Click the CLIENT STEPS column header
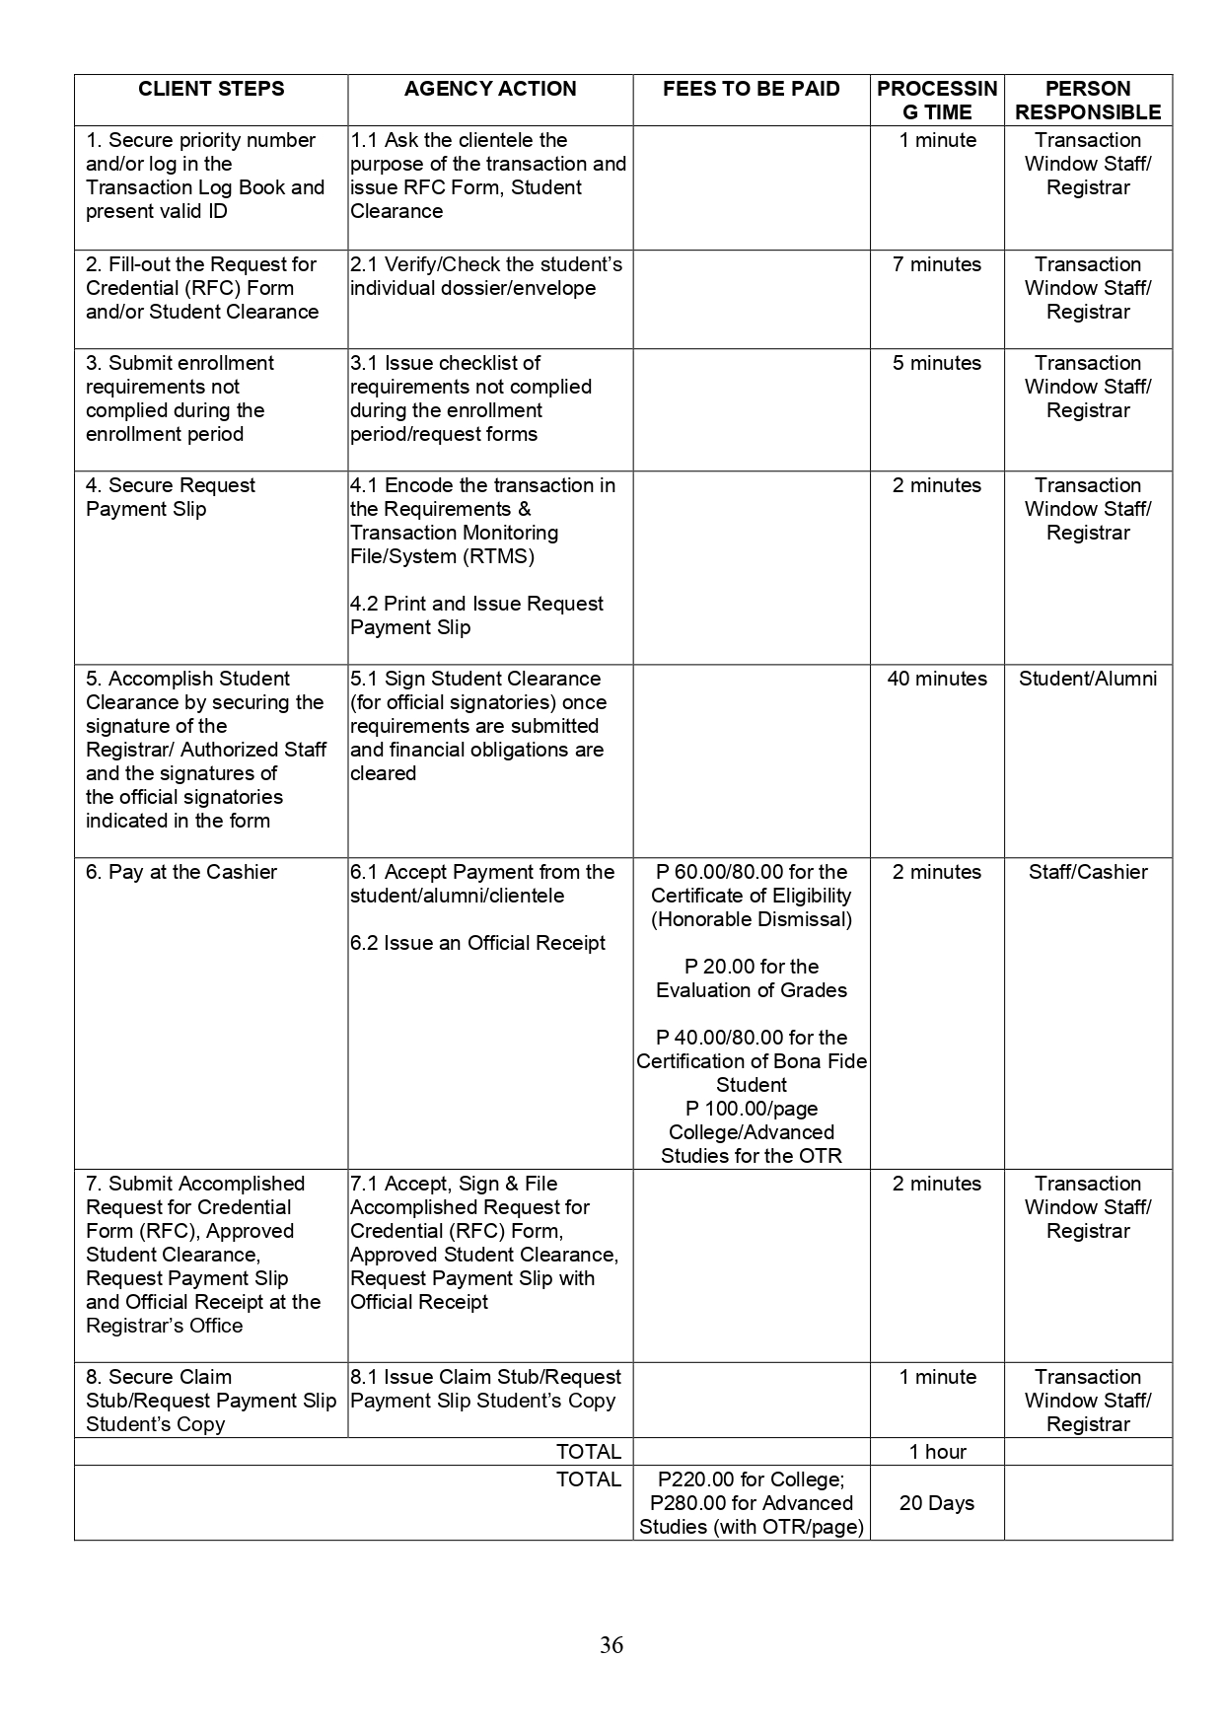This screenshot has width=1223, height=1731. point(211,89)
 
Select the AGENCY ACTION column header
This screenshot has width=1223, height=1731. point(490,89)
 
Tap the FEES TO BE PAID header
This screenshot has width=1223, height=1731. point(751,89)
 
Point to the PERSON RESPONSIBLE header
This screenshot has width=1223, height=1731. point(1088,101)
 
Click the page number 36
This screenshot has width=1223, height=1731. point(611,1645)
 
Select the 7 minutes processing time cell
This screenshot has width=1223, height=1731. point(937,264)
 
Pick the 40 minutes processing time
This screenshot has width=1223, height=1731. point(937,679)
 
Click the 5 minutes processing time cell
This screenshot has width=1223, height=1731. point(937,363)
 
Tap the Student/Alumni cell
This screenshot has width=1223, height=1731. point(1088,679)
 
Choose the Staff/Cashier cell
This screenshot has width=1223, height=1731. point(1088,872)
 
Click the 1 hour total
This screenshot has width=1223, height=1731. point(937,1452)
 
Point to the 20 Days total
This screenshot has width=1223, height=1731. point(937,1503)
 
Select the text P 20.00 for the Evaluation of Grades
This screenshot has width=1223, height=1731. point(752,978)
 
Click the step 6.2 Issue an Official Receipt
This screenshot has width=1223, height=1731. point(477,943)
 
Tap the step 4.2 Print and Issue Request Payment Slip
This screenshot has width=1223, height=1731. point(476,615)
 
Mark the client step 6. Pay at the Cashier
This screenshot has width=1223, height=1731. point(181,872)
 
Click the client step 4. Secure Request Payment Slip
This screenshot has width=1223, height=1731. point(170,497)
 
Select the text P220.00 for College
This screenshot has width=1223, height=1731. point(751,1479)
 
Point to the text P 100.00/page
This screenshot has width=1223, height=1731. point(752,1109)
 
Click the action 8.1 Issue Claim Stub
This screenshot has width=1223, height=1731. point(485,1377)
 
